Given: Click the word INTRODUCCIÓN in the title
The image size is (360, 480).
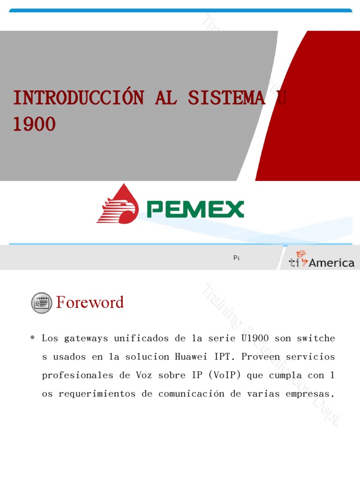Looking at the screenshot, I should point(78,98).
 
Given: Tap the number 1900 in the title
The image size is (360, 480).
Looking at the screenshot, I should point(34,124).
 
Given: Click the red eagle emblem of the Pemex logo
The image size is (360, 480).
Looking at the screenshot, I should point(118,204).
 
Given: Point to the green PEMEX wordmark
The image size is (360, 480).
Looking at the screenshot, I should point(195,209).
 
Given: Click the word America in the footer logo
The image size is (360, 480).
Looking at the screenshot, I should point(331,262).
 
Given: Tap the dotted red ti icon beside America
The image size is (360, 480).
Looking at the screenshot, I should point(298,259).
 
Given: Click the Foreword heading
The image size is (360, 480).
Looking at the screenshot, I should point(90,302).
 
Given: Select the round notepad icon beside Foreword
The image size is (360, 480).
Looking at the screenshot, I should point(42,303).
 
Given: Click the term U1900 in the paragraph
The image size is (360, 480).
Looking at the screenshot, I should point(255,338).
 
